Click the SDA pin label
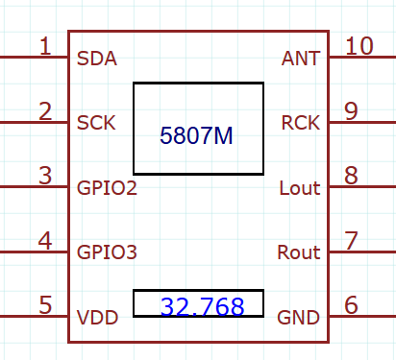point(96,59)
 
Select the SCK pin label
point(96,123)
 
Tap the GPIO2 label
point(107,187)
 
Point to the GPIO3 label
point(107,252)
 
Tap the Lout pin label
point(299,187)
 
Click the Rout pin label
point(298,252)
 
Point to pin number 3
point(45,175)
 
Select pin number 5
point(45,304)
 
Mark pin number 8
point(351,175)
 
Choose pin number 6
point(351,304)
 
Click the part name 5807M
point(197,136)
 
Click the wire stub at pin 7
point(361,252)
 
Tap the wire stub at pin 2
point(34,123)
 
